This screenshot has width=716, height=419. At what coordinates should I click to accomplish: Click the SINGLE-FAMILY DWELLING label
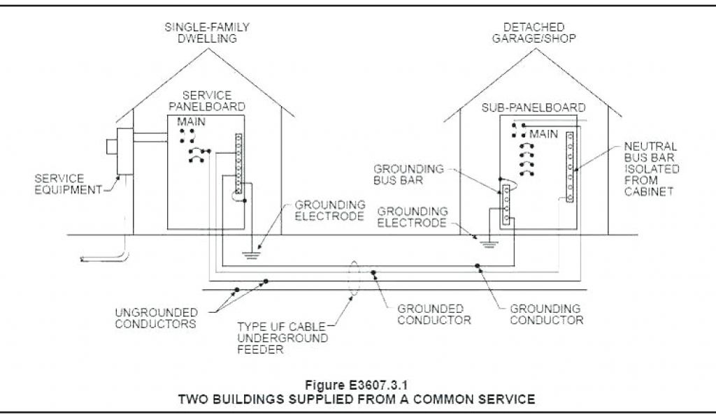pyautogui.click(x=207, y=33)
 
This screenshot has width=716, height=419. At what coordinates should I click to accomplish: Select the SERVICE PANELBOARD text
pyautogui.click(x=213, y=101)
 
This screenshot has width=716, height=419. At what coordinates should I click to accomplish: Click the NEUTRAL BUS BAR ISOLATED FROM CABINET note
pyautogui.click(x=651, y=168)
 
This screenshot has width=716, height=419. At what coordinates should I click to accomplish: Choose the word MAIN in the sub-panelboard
pyautogui.click(x=543, y=133)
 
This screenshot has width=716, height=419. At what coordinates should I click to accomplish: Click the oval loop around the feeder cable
pyautogui.click(x=355, y=278)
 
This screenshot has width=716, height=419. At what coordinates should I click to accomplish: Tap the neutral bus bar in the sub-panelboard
pyautogui.click(x=570, y=166)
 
